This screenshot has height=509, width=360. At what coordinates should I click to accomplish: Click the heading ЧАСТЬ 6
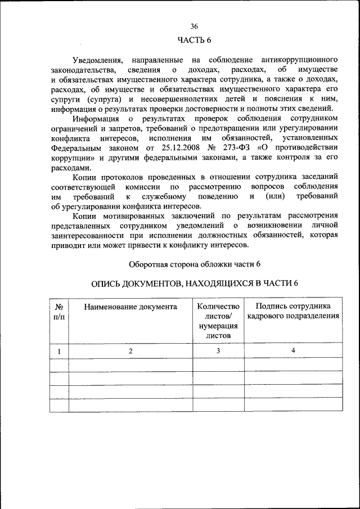194,39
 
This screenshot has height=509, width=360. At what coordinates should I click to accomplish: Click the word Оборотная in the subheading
147,264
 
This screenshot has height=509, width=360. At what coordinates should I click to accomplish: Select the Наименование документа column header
130,307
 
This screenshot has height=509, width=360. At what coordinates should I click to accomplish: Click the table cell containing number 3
218,351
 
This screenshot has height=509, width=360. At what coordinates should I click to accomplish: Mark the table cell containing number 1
58,351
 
